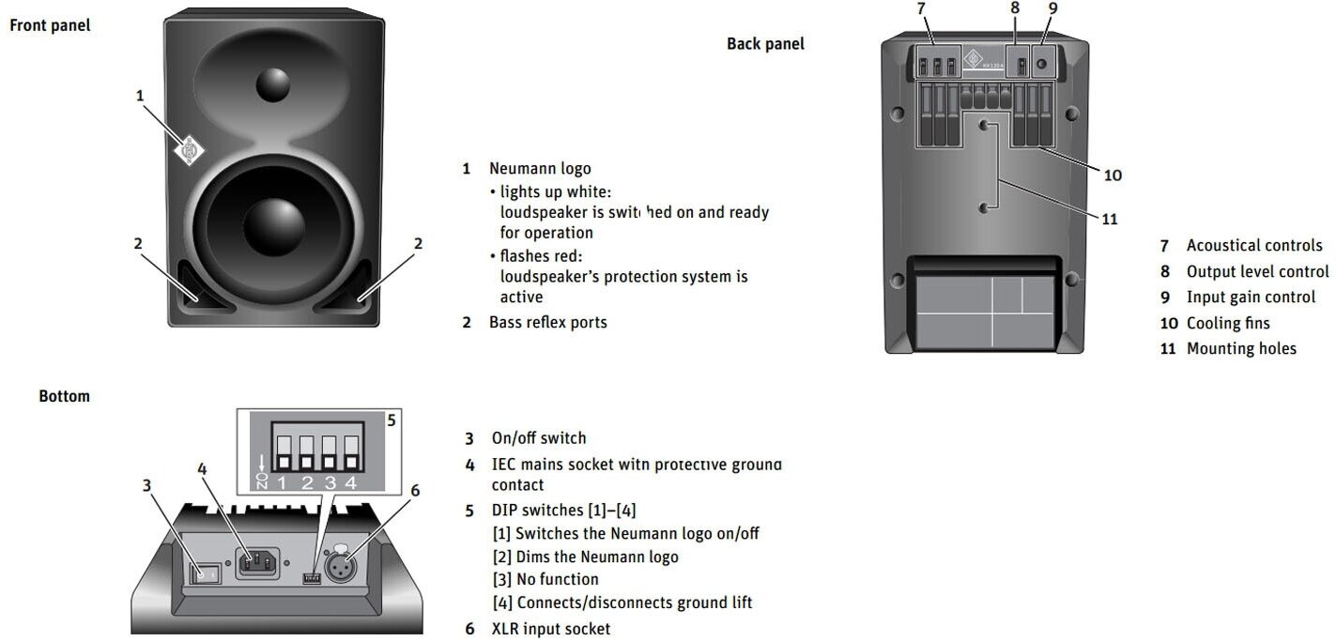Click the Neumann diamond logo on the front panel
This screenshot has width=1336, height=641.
click(x=191, y=149)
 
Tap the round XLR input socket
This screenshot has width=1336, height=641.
click(x=338, y=567)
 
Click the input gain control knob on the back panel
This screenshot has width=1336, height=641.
click(x=1042, y=66)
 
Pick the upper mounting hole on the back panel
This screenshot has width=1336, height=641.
click(x=983, y=125)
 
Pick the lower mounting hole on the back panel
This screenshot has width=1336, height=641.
click(x=983, y=207)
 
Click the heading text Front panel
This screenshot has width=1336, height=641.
click(x=50, y=25)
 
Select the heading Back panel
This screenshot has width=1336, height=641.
click(x=765, y=43)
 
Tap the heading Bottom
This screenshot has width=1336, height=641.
click(x=64, y=396)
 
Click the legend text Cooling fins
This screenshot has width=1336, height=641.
click(x=1228, y=323)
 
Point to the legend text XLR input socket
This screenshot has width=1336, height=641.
click(x=550, y=629)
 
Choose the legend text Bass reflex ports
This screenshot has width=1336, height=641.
click(x=547, y=322)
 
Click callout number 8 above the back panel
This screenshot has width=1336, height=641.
click(x=1015, y=8)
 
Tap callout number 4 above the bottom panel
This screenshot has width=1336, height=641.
click(x=202, y=469)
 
